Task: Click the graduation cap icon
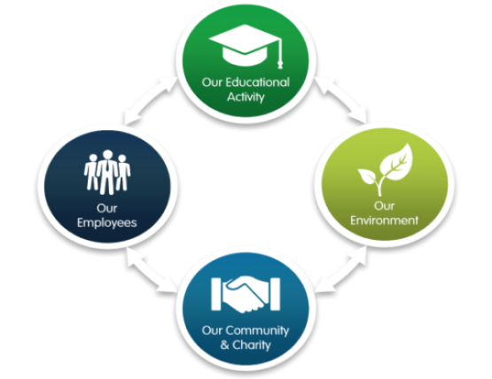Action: click(246, 46)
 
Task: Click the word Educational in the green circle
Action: click(258, 82)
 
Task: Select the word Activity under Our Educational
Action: click(246, 97)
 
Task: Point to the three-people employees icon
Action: click(107, 172)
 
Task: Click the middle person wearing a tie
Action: click(107, 172)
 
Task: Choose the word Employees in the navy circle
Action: click(107, 223)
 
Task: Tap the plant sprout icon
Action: click(386, 170)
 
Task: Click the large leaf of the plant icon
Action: click(396, 162)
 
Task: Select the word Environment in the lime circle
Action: click(385, 220)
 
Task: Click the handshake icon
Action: click(246, 294)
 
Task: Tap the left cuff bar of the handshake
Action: click(216, 294)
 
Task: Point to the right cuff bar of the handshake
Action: click(275, 294)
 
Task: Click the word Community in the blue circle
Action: click(257, 330)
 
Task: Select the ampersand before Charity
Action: click(224, 344)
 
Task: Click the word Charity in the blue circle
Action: click(252, 345)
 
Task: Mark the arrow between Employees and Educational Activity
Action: click(149, 100)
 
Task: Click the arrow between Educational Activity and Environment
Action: click(340, 100)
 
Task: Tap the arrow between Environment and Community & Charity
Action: click(341, 269)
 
